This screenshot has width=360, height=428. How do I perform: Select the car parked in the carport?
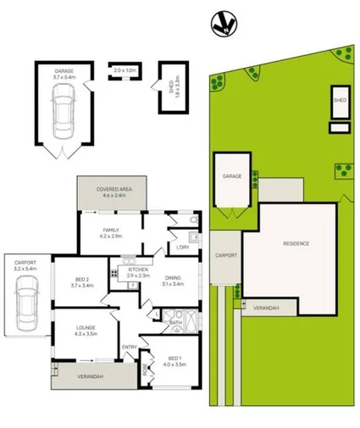point(25,302)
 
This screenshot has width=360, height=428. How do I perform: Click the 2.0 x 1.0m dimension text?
point(124,70)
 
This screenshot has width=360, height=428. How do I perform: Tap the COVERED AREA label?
point(112,192)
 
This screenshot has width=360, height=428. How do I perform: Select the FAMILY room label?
point(111,233)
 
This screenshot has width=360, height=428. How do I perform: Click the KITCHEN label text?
point(137,272)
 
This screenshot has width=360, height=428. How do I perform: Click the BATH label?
point(175,323)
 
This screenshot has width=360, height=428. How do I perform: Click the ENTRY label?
point(130,347)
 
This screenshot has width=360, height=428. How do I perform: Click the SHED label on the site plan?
point(340,100)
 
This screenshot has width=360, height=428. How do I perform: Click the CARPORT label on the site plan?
point(224,255)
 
